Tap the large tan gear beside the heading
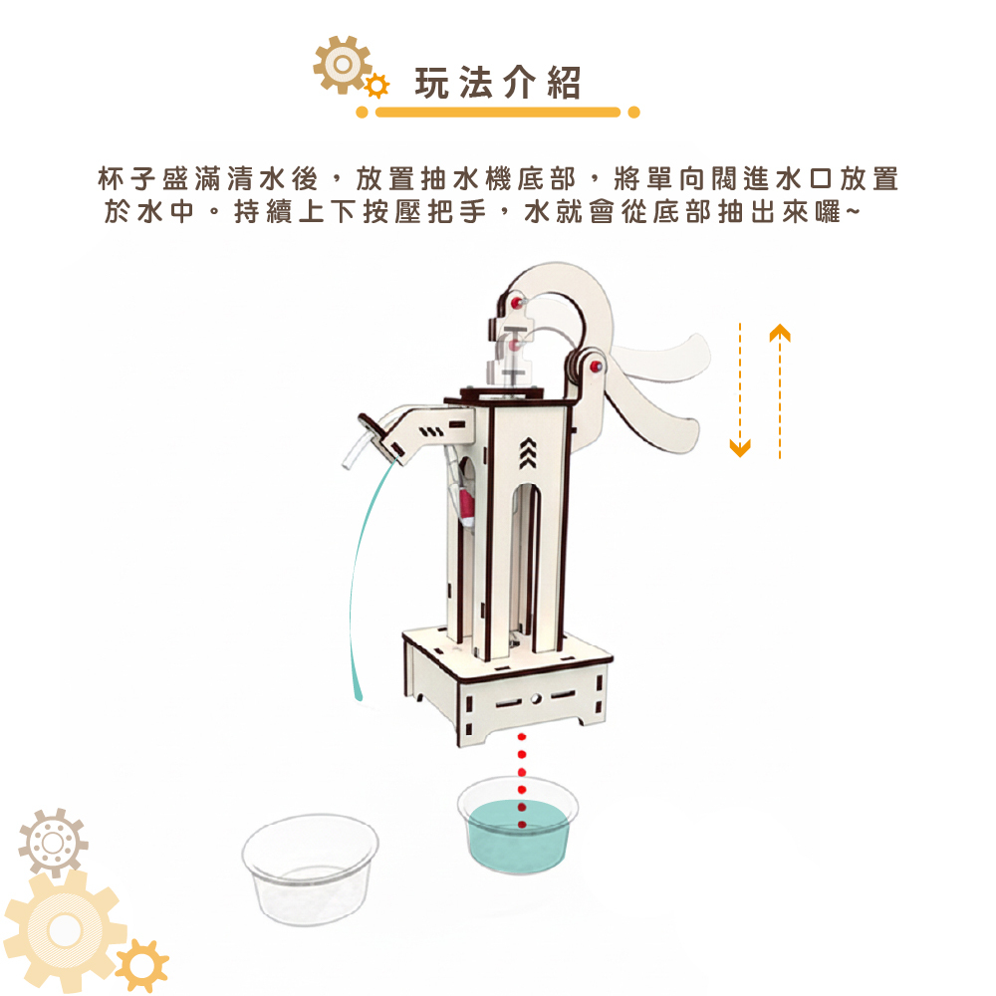click(x=343, y=65)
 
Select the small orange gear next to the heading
click(x=377, y=86)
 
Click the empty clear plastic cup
click(x=310, y=869)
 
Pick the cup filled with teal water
click(x=518, y=826)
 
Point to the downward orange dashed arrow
click(x=740, y=390)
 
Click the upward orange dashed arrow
click(x=780, y=391)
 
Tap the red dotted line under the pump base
click(x=522, y=781)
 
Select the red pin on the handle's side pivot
click(x=596, y=367)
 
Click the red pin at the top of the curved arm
click(x=516, y=301)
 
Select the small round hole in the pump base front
click(x=536, y=699)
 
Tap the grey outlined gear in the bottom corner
click(x=53, y=843)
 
